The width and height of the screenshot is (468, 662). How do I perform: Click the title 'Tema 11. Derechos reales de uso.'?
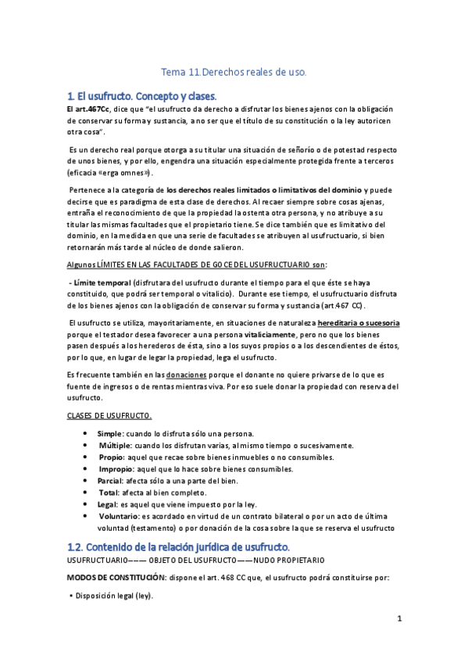pyautogui.click(x=234, y=73)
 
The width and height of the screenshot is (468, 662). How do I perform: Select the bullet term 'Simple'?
pyautogui.click(x=109, y=433)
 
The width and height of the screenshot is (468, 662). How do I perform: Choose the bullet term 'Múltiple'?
pyautogui.click(x=114, y=445)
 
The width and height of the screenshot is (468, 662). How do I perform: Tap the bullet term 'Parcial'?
pyautogui.click(x=111, y=481)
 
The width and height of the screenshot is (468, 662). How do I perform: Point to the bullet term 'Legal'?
pyautogui.click(x=108, y=505)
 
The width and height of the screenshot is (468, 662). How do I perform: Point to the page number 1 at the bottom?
pyautogui.click(x=398, y=620)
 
